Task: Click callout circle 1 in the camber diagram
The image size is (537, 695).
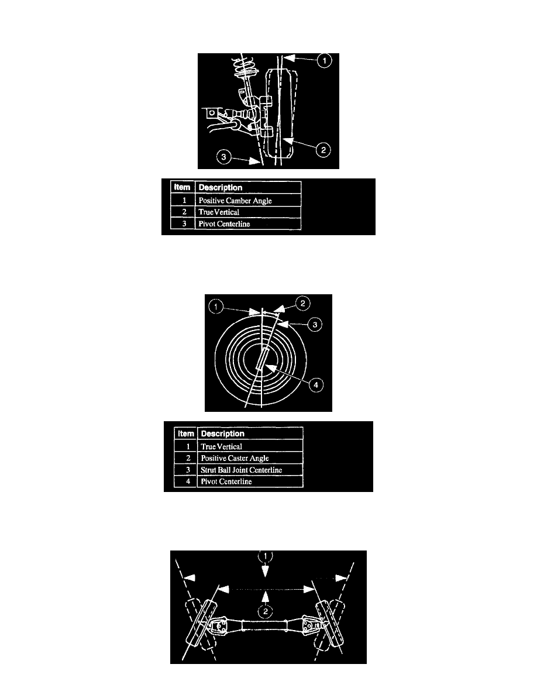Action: point(324,60)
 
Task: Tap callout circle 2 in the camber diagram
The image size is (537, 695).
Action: point(323,150)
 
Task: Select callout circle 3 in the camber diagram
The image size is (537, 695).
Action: point(223,156)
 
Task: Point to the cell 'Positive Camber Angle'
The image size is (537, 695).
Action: point(248,200)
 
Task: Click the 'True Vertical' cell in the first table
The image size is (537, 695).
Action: point(248,212)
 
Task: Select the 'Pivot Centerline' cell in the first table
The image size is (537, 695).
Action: point(248,224)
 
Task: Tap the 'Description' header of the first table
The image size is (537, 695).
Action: point(248,187)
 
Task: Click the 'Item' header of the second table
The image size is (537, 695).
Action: point(185,433)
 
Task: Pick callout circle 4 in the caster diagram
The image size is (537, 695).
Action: point(316,385)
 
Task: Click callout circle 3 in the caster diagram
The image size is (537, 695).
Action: point(315,325)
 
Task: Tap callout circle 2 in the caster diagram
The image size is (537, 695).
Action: point(302,304)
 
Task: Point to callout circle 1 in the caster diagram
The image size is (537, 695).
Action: point(216,307)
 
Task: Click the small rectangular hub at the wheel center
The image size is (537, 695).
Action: point(262,358)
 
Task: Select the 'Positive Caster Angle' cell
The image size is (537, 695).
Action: point(250,458)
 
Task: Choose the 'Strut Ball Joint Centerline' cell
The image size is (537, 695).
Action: point(250,470)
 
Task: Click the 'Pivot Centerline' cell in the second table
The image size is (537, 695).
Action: point(250,481)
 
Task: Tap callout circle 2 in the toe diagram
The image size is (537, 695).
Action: point(265,612)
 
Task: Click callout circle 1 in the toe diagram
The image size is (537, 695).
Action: point(265,556)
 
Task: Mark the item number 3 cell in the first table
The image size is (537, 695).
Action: point(184,224)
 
